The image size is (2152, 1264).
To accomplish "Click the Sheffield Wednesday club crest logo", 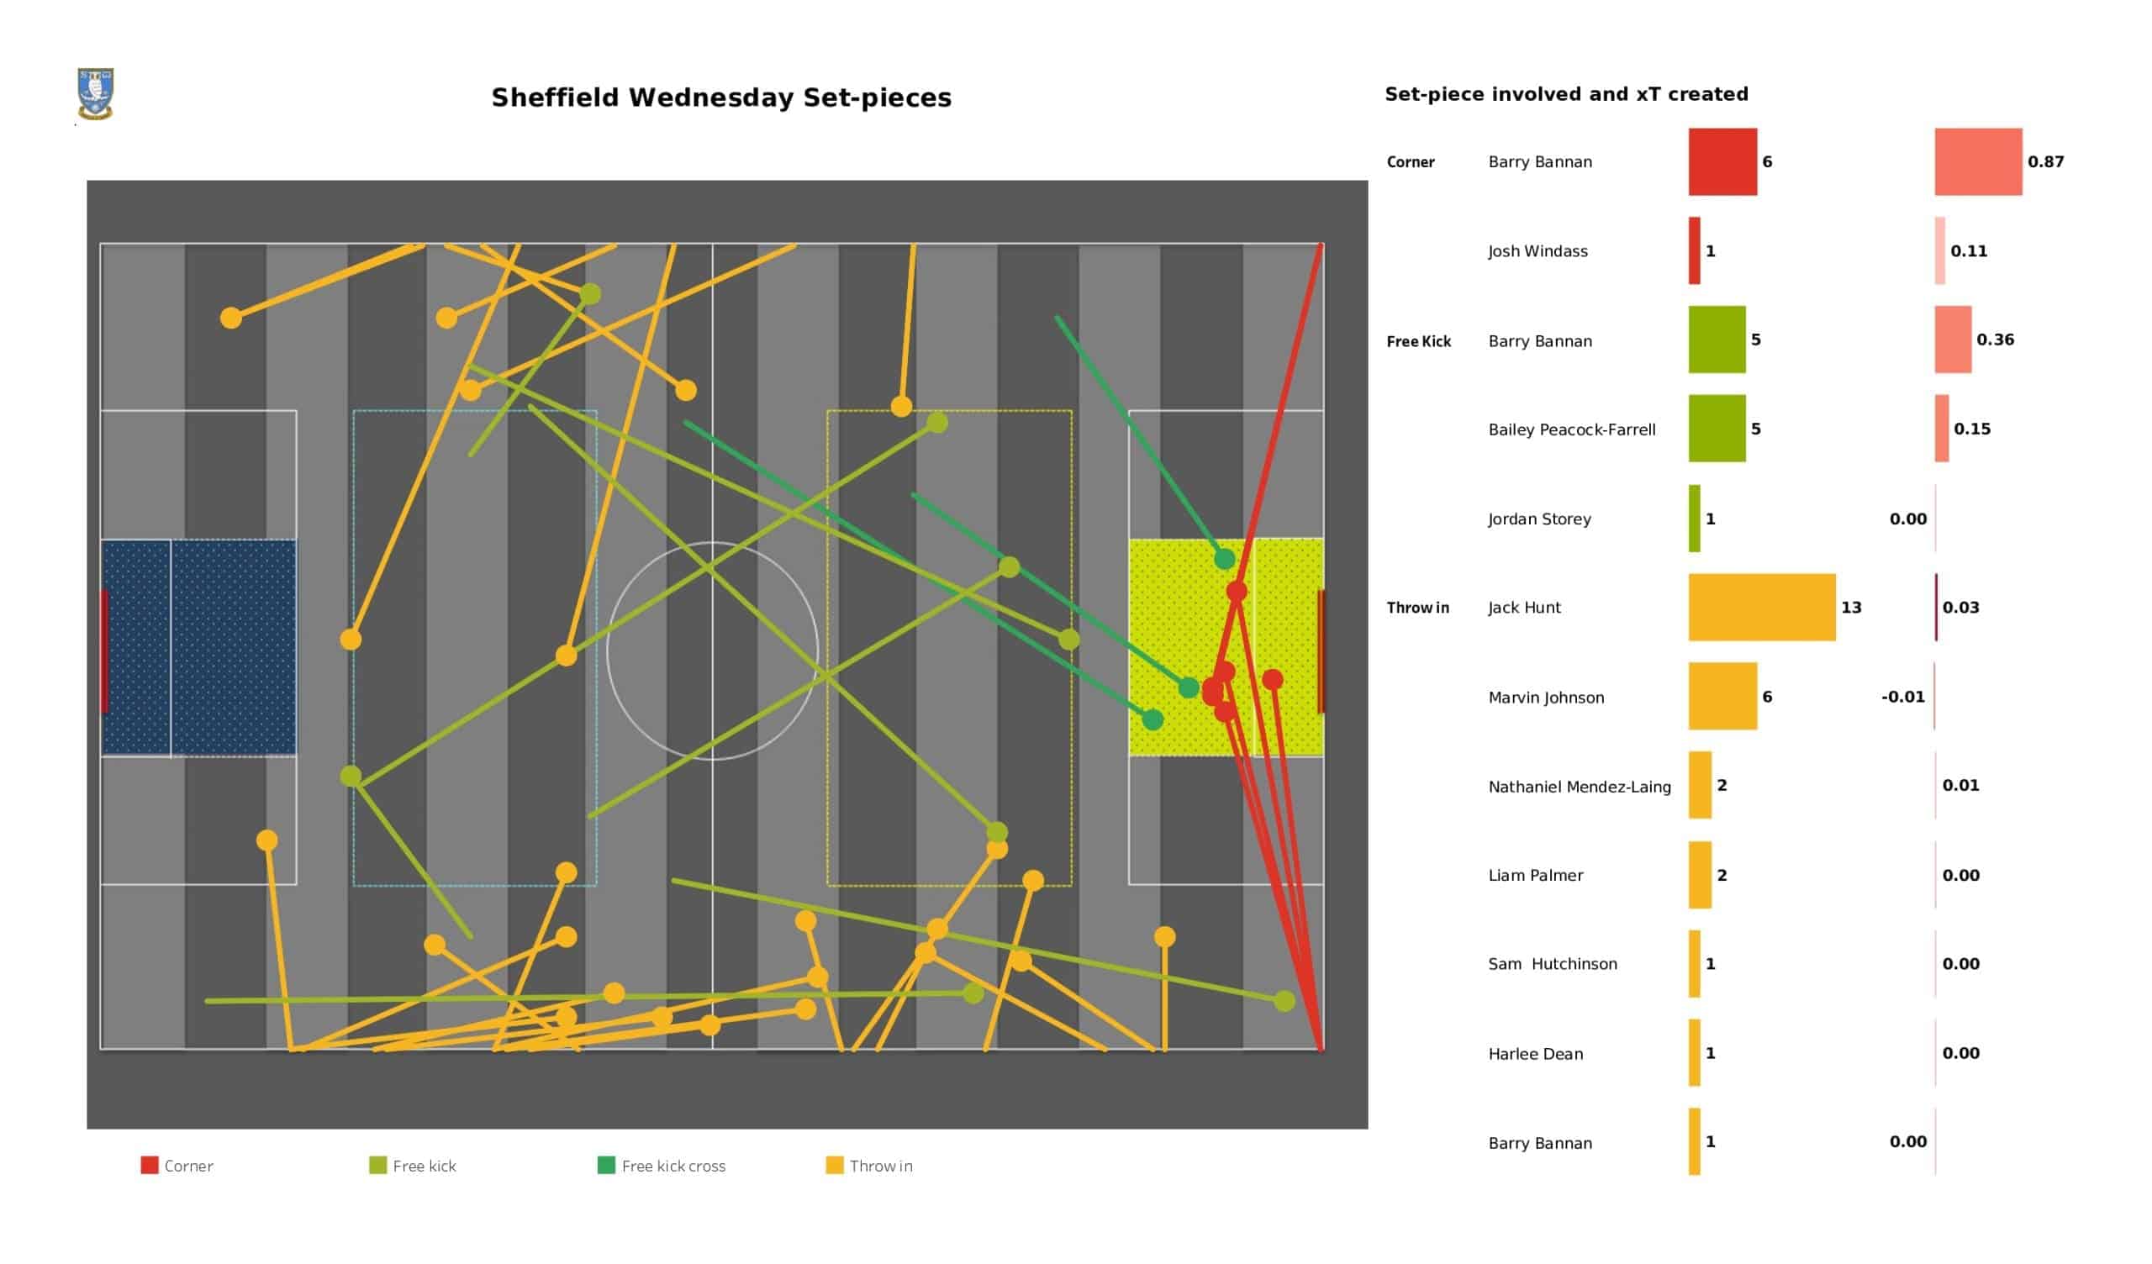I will (x=95, y=93).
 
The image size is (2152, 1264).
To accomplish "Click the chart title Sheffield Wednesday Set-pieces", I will (x=720, y=98).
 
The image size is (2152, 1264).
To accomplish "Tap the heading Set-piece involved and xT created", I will (x=1565, y=94).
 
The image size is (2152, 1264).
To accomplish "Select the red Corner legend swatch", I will (x=150, y=1165).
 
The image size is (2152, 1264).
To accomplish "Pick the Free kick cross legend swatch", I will (x=605, y=1165).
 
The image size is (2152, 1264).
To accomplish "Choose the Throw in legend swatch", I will (x=835, y=1165).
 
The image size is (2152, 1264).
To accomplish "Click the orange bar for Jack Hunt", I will (x=1761, y=608).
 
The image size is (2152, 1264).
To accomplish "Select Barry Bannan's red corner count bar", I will (x=1722, y=161).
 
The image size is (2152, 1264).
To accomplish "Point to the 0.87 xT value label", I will (x=2045, y=161).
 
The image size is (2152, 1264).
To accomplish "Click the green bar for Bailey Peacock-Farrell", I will (x=1716, y=429).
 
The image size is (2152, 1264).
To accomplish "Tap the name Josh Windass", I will (x=1538, y=251).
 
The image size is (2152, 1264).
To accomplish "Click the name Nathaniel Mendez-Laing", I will (x=1579, y=787).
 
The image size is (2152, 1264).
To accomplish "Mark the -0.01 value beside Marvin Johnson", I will (x=1902, y=697).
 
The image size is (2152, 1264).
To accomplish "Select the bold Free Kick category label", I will (x=1418, y=341).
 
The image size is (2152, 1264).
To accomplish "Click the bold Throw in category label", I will (x=1417, y=608).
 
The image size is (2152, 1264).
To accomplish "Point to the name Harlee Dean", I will (x=1535, y=1054).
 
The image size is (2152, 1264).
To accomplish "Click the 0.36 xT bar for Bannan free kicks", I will (x=1952, y=340).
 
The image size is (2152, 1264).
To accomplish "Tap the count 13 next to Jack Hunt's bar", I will (x=1850, y=608).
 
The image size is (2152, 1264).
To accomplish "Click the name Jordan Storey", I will (x=1539, y=519).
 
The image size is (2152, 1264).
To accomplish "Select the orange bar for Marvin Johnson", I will (x=1722, y=697).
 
